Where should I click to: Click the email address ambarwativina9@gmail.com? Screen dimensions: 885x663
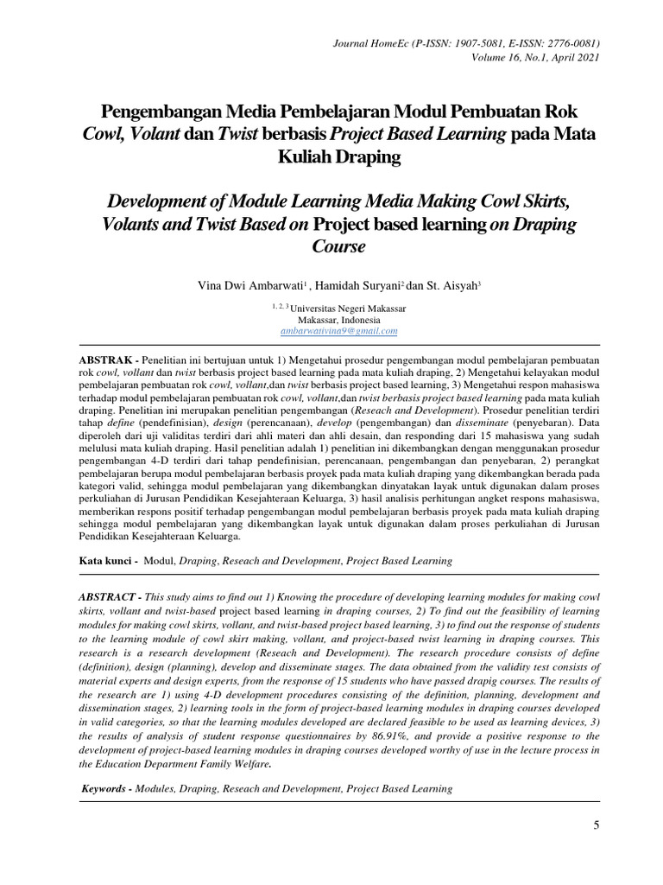point(338,331)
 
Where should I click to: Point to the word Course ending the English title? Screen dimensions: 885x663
point(338,246)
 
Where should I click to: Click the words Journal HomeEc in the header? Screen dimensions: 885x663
point(365,42)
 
